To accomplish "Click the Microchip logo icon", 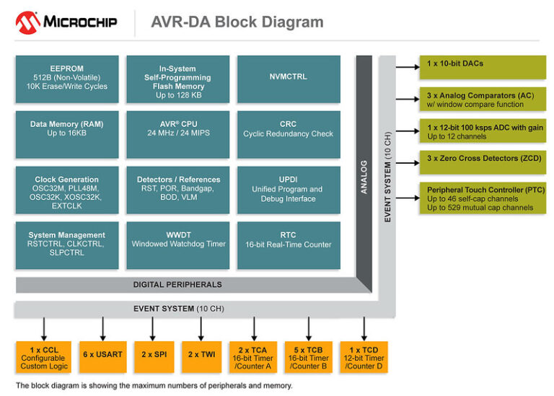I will coord(27,22).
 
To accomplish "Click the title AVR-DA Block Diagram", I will coord(237,22).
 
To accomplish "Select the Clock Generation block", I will coord(66,189).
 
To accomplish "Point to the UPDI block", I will coord(288,189).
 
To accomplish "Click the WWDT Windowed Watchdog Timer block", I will coord(177,245).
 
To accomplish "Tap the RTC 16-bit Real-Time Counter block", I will coord(288,245).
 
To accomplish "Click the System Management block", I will coord(66,245).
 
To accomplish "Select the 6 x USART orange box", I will coord(103,354).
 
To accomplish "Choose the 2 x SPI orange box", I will coord(151,354).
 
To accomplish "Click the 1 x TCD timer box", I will coord(364,356).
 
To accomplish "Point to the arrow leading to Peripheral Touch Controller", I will coord(408,197).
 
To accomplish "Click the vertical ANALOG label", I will coord(364,177).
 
